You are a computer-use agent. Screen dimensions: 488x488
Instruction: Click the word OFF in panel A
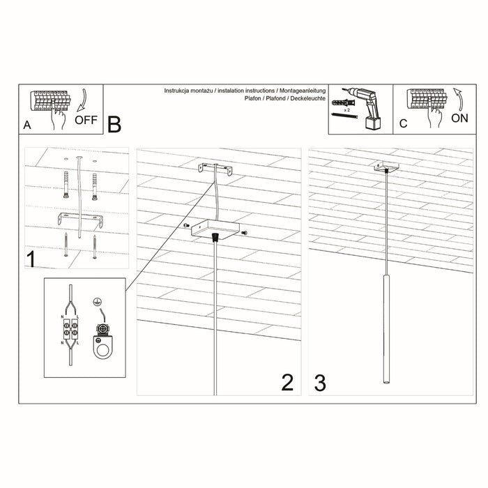click(86, 119)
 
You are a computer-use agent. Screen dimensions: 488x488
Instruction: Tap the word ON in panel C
click(460, 118)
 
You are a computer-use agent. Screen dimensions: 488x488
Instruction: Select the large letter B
click(114, 124)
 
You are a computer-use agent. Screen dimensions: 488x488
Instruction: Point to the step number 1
click(31, 259)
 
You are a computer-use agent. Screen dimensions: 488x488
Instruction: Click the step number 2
click(287, 382)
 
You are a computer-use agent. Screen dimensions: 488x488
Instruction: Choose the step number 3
click(320, 382)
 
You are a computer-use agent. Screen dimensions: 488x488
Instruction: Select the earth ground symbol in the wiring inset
click(99, 303)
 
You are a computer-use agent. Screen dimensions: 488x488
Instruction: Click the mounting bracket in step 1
click(80, 221)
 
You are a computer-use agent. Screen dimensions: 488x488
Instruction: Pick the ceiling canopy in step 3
click(385, 167)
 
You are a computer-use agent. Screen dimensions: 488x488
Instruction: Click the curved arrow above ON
click(458, 100)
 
